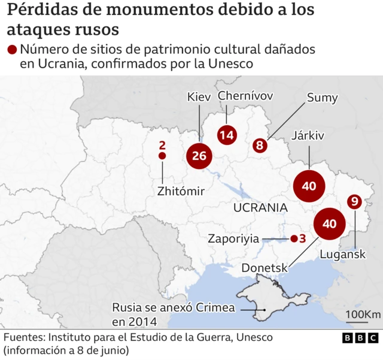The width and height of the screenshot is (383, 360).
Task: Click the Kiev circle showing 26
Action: tap(199, 156)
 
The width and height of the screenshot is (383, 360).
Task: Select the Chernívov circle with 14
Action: tap(226, 135)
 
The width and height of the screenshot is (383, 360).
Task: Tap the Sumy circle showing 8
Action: tap(260, 145)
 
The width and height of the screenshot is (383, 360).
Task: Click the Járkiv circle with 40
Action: tap(309, 186)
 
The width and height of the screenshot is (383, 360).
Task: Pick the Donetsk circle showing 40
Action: tap(330, 223)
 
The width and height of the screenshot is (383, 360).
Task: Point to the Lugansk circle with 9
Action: tap(355, 202)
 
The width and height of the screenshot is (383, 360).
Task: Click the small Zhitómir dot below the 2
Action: tap(162, 156)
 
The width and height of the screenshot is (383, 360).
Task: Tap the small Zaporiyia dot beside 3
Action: tap(293, 238)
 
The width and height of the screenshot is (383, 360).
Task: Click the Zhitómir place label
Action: tap(181, 192)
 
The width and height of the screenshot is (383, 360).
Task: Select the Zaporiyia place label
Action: tap(233, 238)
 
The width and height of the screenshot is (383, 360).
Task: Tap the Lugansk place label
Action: tap(343, 255)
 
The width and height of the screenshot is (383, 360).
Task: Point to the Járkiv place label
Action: tap(308, 136)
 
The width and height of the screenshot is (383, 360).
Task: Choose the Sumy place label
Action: tap(323, 98)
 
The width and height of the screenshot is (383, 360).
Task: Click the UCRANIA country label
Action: tap(260, 208)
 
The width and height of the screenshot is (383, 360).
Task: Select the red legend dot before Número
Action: tap(12, 50)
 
